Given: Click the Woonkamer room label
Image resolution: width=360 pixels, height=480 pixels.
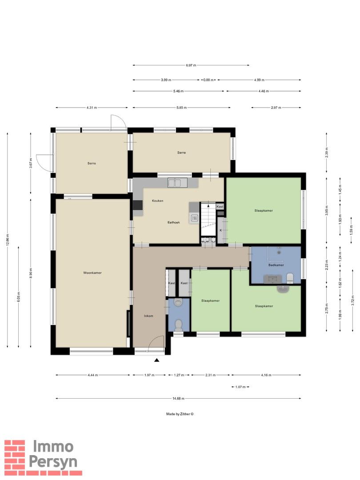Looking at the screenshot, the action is point(92,273).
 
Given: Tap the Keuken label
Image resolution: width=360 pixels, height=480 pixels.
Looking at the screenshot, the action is point(158,201).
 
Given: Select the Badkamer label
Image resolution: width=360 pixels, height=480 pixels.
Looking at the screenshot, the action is point(276,265).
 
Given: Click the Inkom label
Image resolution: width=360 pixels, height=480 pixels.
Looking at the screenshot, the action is point(148,316).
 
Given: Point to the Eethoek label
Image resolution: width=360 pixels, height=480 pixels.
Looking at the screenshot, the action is point(174,223).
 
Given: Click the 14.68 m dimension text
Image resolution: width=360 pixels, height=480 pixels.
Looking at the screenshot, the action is point(179,399).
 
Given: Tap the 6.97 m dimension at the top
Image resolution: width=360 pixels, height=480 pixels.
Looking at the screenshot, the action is point(191,65).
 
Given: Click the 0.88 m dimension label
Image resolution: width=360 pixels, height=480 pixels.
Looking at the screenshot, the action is point(208,80).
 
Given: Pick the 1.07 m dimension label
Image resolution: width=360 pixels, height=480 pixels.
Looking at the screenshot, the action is point(240,387).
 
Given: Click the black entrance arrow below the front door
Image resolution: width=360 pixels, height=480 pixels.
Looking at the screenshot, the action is point(157,360).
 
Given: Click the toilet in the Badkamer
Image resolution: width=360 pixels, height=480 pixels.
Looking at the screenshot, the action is point(290,279).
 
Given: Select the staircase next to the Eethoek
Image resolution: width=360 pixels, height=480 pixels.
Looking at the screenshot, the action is point(208,219).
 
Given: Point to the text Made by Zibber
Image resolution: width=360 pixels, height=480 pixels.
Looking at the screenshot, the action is point(180,414).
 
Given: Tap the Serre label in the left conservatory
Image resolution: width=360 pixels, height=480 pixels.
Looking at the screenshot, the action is point(92,164).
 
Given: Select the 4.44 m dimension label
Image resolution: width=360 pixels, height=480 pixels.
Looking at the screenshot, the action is point(93,375).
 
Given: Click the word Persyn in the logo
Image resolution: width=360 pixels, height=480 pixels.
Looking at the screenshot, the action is point(53,462).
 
